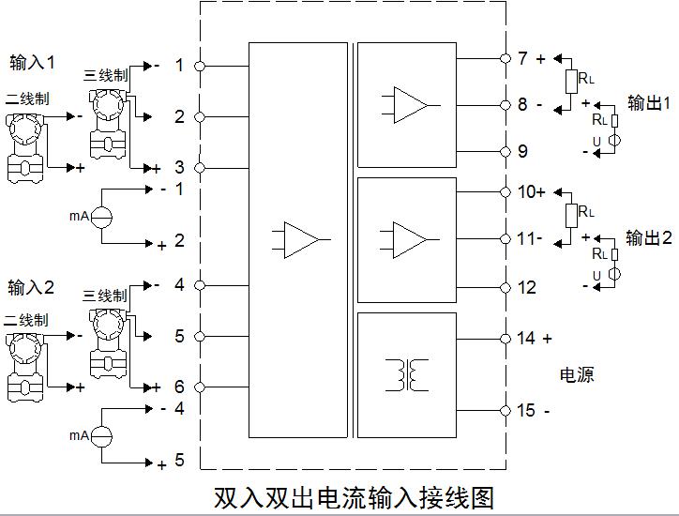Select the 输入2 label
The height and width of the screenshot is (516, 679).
(x=32, y=287)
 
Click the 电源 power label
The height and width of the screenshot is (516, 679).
(x=577, y=374)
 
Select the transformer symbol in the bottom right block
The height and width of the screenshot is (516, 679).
(x=406, y=374)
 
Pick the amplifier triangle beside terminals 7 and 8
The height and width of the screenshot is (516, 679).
(x=406, y=104)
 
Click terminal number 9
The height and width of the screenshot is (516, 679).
(x=522, y=151)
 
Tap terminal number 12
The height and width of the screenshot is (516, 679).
(x=526, y=287)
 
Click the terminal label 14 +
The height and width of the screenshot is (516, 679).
(x=535, y=338)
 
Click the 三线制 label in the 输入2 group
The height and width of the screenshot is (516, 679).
(x=105, y=296)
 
